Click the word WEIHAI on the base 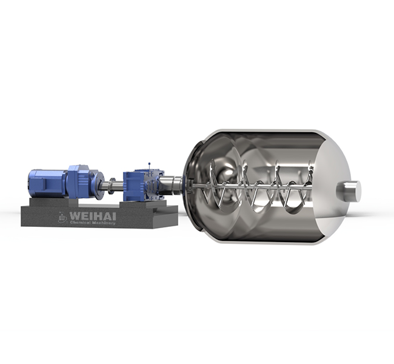[x=93, y=214]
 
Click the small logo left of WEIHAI [x=62, y=216]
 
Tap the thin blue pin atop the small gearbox [x=149, y=166]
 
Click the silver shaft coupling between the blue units [x=112, y=184]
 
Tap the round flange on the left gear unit [x=97, y=180]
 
